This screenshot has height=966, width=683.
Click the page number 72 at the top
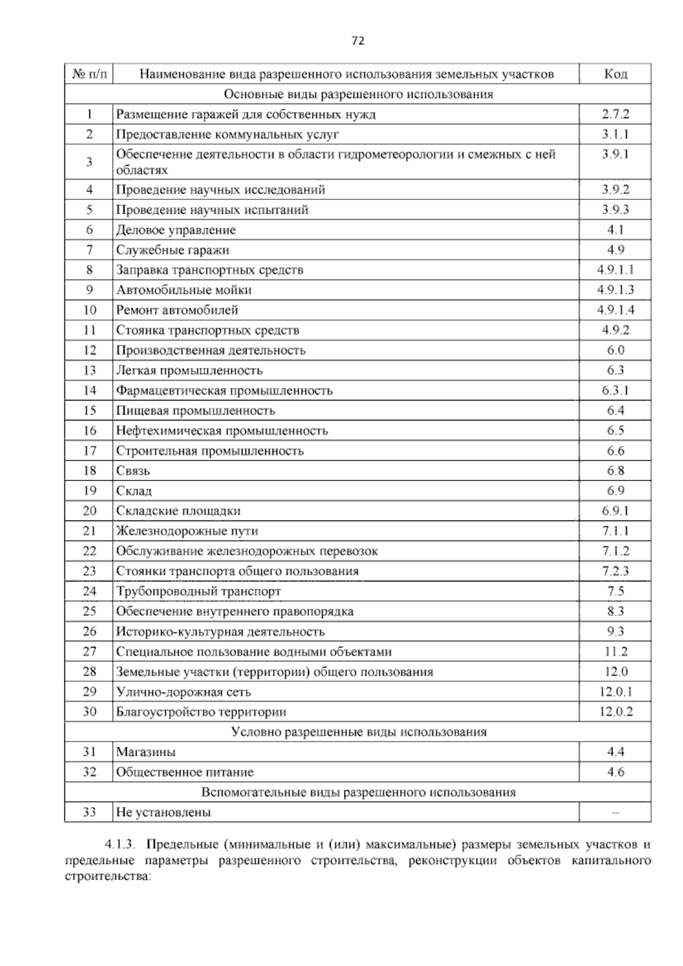tap(357, 40)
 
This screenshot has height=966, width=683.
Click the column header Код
tap(615, 74)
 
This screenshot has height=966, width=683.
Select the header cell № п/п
tap(89, 74)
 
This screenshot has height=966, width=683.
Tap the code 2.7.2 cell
tap(615, 114)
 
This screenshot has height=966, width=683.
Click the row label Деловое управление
tap(176, 230)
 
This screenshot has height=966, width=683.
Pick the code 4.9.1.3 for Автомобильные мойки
tap(615, 290)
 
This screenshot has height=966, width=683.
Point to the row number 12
tap(89, 350)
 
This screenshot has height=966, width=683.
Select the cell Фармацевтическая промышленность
tap(224, 391)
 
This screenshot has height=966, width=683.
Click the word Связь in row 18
tap(133, 470)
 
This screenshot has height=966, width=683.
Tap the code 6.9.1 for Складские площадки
tap(615, 511)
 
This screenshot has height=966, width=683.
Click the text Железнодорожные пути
tap(187, 531)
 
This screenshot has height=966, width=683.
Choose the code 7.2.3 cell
tap(615, 571)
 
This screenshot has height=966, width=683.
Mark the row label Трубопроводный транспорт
tap(199, 591)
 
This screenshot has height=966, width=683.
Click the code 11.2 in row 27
tap(615, 652)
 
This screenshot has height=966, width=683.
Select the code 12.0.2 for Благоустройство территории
tap(615, 711)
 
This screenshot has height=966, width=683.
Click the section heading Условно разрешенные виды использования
tap(359, 732)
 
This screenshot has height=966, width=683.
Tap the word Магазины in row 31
tap(146, 752)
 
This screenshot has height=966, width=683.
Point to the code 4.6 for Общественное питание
tap(615, 772)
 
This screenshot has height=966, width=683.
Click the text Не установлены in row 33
tap(163, 812)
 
